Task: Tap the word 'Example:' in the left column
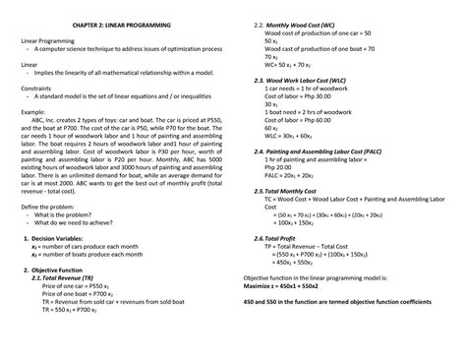(x=36, y=113)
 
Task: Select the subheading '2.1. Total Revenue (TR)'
(x=75, y=277)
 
